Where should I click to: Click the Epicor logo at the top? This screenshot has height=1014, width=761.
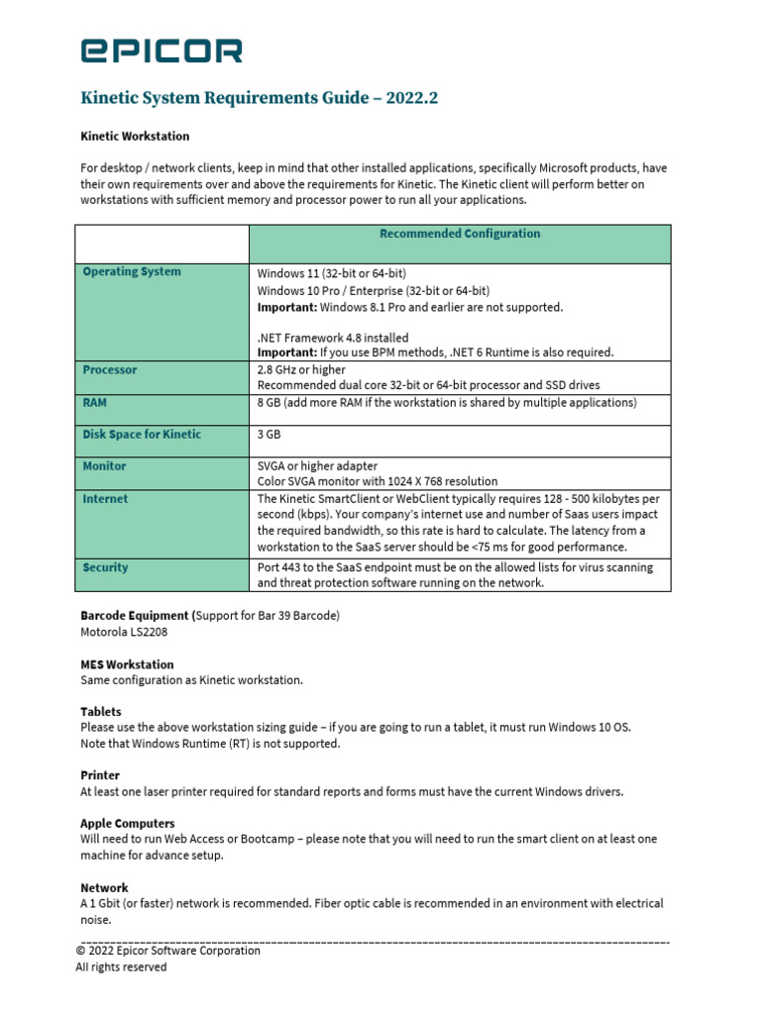pos(161,51)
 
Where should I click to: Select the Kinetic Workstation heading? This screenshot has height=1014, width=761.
pos(135,136)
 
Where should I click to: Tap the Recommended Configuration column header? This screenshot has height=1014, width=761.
pos(460,234)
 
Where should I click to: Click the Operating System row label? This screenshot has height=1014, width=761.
pos(132,271)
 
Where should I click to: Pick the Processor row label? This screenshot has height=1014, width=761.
pos(110,369)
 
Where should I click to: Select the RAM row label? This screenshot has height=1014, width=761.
pos(96,403)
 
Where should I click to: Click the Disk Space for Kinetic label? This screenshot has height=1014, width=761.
pos(142,434)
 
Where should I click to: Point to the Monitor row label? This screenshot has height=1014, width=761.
pos(104,465)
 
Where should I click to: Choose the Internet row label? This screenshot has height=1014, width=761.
pos(105,499)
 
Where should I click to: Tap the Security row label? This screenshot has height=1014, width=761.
pos(105,567)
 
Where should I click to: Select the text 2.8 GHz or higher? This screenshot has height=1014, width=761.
pos(302,369)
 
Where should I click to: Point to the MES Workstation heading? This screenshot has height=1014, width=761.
pos(127,664)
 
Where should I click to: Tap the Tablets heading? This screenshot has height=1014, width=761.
pos(101,711)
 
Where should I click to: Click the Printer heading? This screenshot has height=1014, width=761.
pos(99,775)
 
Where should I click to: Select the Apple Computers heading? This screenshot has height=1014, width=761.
pos(128,823)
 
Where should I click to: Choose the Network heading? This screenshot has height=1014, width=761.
pos(104,888)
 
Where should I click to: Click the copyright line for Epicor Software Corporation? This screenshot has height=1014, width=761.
pos(168,951)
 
